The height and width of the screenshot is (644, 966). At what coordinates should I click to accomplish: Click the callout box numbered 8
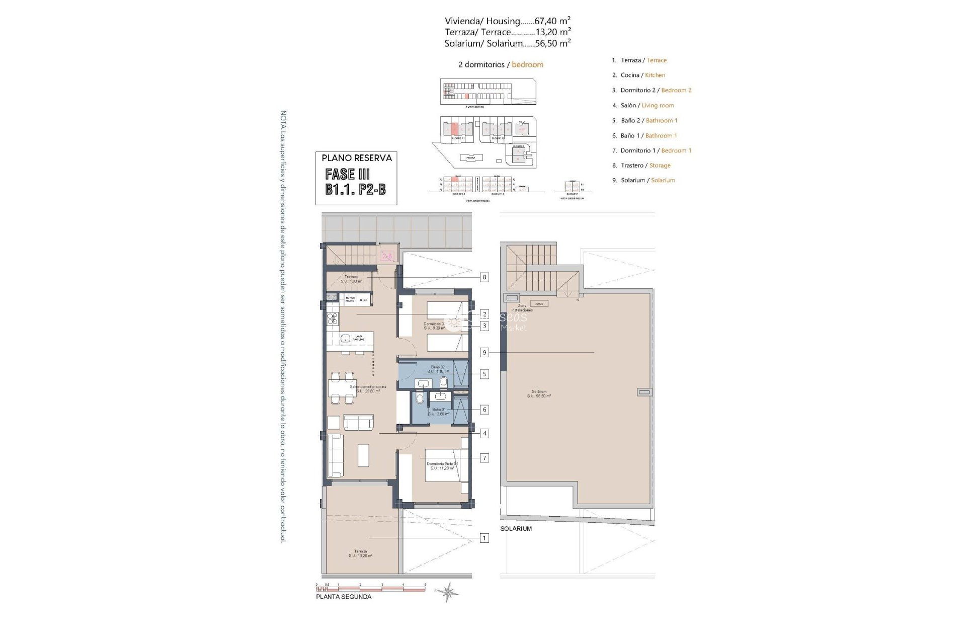(484, 277)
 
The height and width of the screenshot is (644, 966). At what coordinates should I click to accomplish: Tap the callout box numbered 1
(484, 538)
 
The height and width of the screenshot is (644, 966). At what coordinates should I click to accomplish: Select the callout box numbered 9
(485, 353)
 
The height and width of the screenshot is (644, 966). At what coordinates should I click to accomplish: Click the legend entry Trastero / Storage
(641, 166)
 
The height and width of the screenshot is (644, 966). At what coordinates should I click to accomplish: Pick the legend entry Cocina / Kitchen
(638, 75)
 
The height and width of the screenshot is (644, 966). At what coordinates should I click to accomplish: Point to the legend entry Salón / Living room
(642, 105)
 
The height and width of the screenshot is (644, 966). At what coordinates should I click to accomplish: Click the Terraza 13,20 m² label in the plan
(360, 553)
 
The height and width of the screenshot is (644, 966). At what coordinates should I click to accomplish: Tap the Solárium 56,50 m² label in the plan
(539, 393)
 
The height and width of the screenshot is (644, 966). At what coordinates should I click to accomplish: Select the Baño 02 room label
(438, 369)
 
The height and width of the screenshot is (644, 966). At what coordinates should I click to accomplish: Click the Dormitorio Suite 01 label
(442, 466)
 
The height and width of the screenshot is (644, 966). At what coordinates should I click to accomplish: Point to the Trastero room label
(351, 279)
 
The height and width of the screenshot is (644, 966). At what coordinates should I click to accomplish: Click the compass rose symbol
(447, 592)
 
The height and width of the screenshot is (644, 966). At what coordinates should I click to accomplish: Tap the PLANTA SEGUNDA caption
(344, 597)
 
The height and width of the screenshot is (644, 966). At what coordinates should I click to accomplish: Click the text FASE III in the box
(348, 175)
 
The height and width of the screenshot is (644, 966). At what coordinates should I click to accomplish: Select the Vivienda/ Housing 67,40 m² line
(507, 21)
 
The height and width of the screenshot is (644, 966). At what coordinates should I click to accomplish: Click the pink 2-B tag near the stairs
(387, 256)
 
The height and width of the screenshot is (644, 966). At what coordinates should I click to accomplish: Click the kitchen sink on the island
(346, 339)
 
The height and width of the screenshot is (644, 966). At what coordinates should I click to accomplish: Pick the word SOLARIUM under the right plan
(516, 529)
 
